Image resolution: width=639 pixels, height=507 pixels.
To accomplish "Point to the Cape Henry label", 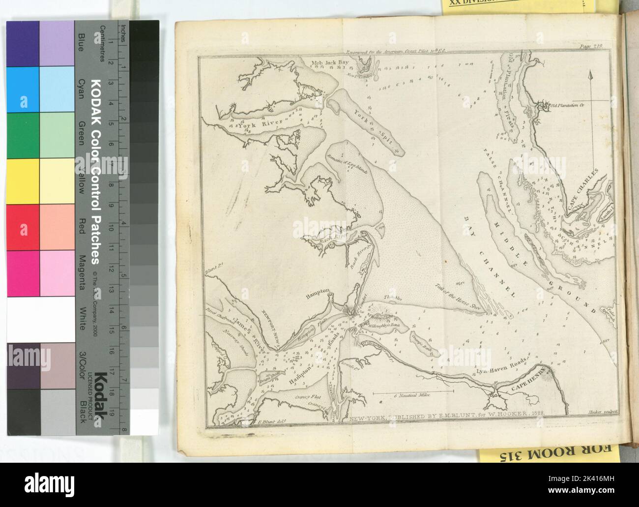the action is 526,380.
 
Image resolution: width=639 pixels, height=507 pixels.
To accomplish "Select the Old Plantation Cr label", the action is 567,105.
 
